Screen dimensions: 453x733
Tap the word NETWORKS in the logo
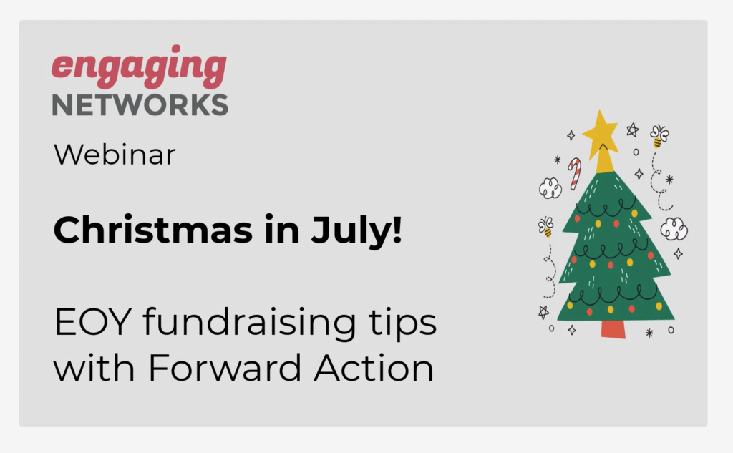[140, 104]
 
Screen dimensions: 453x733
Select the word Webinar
[115, 155]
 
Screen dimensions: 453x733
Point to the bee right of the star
[659, 135]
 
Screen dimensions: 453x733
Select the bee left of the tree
[546, 226]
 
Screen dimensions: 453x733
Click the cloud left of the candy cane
[550, 188]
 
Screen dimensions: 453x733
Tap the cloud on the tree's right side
[674, 229]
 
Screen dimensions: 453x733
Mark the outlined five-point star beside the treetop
[632, 130]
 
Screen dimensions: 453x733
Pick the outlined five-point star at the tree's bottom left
[543, 312]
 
